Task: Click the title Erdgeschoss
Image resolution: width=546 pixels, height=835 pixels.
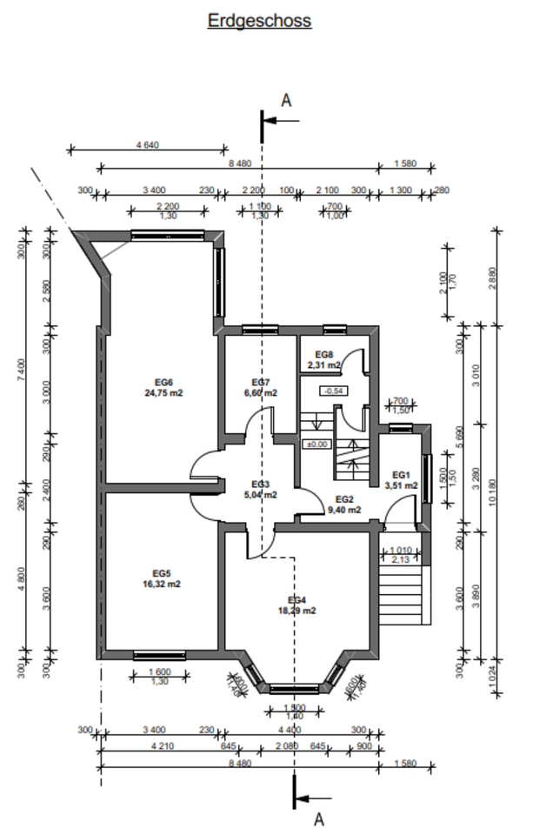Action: pyautogui.click(x=259, y=21)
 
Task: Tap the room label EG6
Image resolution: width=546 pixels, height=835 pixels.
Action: pyautogui.click(x=164, y=382)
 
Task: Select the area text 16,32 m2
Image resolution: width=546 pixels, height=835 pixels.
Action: pyautogui.click(x=162, y=584)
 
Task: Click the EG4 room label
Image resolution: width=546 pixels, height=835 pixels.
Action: pyautogui.click(x=296, y=600)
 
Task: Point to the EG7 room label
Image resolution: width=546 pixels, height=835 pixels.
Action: pyautogui.click(x=261, y=383)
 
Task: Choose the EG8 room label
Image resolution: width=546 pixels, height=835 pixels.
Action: pyautogui.click(x=323, y=354)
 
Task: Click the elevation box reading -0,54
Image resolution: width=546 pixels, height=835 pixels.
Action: pyautogui.click(x=334, y=391)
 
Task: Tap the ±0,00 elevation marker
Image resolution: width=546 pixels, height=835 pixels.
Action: pyautogui.click(x=316, y=444)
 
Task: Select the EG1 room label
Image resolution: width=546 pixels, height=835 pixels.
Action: pyautogui.click(x=400, y=474)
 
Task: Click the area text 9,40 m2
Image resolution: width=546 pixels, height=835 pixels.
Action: pyautogui.click(x=344, y=510)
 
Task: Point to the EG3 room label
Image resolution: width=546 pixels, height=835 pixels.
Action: pyautogui.click(x=261, y=484)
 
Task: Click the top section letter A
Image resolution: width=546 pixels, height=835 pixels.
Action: pyautogui.click(x=286, y=101)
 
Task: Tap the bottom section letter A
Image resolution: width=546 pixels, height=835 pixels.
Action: pyautogui.click(x=318, y=818)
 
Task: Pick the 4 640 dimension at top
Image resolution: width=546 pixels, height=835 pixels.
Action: pyautogui.click(x=147, y=145)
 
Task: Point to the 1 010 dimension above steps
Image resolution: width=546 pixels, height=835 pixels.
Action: pyautogui.click(x=401, y=550)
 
